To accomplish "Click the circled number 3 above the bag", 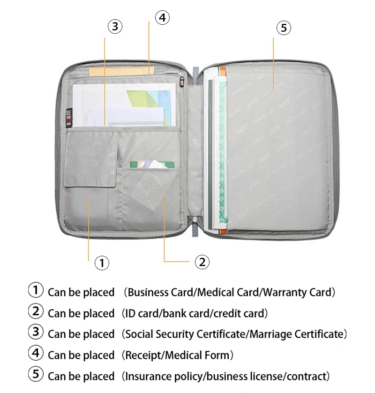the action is click(115, 26).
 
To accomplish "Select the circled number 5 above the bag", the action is click(284, 28).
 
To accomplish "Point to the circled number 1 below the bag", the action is click(102, 263).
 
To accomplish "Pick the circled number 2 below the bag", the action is click(202, 261).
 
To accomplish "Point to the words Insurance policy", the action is click(164, 376).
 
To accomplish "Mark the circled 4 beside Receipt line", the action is click(36, 354).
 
